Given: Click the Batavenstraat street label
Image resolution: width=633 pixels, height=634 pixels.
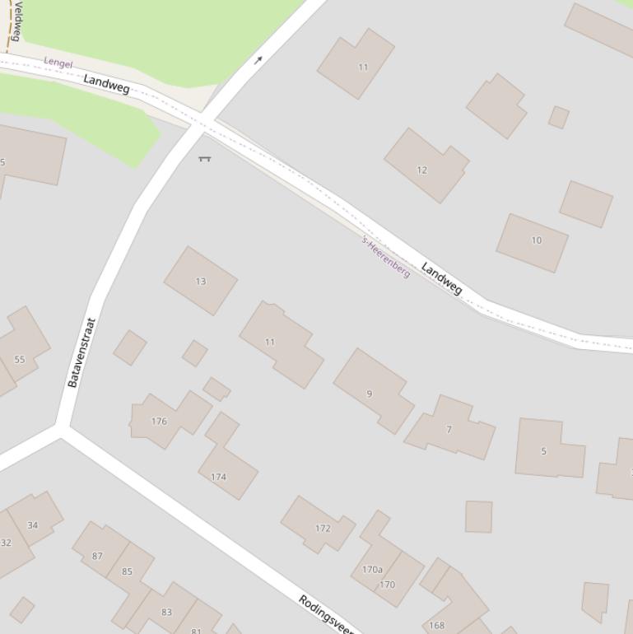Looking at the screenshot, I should pyautogui.click(x=82, y=352).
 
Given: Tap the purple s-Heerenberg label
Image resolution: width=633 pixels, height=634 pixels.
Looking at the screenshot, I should pyautogui.click(x=386, y=257).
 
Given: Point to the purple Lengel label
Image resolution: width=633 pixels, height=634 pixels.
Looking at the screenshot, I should pyautogui.click(x=58, y=63).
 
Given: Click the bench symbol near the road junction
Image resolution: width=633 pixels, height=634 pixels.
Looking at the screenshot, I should pyautogui.click(x=204, y=158).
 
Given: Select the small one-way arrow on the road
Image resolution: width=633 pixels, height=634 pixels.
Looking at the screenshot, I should pyautogui.click(x=258, y=59).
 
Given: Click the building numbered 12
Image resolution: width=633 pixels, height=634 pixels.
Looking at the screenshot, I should pyautogui.click(x=422, y=170).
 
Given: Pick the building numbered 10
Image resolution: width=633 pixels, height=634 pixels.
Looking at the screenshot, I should pyautogui.click(x=536, y=240).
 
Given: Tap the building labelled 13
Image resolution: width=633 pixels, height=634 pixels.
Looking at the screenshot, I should pyautogui.click(x=201, y=281).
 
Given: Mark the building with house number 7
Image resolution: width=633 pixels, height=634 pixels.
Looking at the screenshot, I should pyautogui.click(x=449, y=429).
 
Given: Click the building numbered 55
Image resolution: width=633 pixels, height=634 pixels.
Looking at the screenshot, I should pyautogui.click(x=20, y=359).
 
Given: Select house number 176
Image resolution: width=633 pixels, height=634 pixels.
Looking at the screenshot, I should pyautogui.click(x=159, y=421).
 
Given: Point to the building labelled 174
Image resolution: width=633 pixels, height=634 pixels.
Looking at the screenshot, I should pyautogui.click(x=218, y=476).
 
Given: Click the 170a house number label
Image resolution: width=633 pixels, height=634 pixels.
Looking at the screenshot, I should pyautogui.click(x=372, y=569).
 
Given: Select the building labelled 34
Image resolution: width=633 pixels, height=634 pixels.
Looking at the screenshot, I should pyautogui.click(x=33, y=524).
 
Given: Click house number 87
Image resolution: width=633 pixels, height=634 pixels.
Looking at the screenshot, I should pyautogui.click(x=97, y=556).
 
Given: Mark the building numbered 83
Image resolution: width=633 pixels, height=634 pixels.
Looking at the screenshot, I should pyautogui.click(x=167, y=612).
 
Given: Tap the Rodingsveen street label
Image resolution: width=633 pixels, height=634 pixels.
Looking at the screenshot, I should pyautogui.click(x=326, y=614).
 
